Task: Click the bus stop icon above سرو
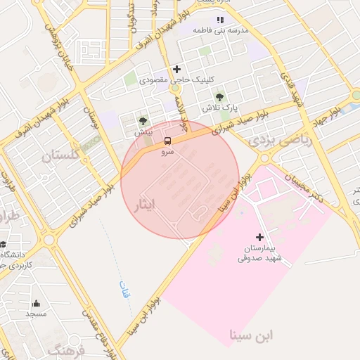coord(167,140)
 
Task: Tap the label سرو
coord(167,151)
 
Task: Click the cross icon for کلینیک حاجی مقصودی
coord(176,69)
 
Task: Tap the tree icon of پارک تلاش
coord(220,97)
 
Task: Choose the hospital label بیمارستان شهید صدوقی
coord(259,253)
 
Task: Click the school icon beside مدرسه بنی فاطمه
coord(221,20)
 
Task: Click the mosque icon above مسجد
coord(36,304)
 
